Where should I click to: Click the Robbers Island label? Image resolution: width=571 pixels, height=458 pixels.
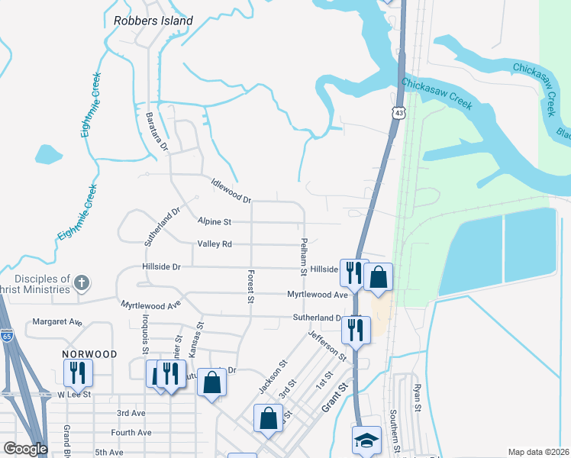pos(153,21)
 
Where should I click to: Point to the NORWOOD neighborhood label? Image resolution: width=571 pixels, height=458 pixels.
pos(90,354)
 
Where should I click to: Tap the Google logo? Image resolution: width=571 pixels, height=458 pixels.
pos(25,449)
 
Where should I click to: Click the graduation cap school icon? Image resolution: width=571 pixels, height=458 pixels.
pos(367,440)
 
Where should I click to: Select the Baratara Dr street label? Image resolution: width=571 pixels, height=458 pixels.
pos(156,133)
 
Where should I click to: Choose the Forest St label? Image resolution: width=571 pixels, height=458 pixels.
pos(250,286)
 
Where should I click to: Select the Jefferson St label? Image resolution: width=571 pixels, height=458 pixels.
pos(327,346)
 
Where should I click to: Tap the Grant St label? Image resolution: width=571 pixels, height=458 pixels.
pos(334,398)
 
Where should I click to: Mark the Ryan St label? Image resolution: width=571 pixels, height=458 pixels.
pos(418,397)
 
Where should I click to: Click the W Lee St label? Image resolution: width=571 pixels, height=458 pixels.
pos(73,395)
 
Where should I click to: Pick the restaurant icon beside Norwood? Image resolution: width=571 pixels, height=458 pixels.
pos(78,373)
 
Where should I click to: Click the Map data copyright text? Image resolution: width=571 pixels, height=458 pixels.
pos(538,452)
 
